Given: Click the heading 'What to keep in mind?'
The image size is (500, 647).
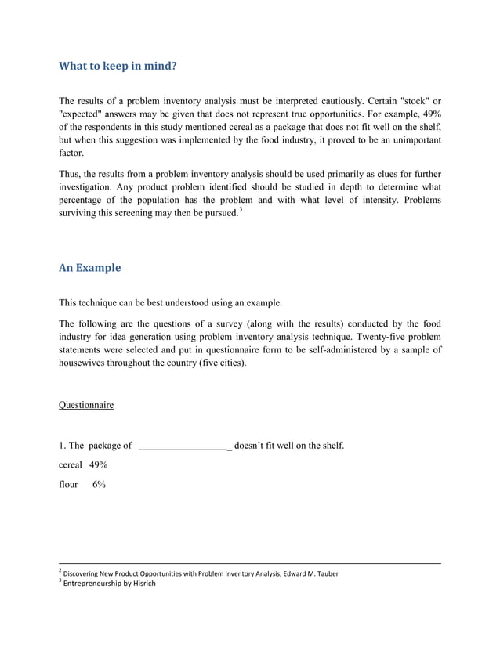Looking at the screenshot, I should point(118,67).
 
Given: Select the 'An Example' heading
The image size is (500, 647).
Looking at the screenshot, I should point(90,268).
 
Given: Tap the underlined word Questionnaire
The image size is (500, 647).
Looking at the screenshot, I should point(86,405).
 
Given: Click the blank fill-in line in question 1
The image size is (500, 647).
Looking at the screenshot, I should point(184,446).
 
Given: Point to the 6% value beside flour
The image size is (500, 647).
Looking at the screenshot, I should point(99,485).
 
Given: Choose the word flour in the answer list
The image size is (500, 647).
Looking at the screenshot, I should point(69,485).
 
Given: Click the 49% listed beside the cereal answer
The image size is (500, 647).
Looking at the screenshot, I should point(98,465).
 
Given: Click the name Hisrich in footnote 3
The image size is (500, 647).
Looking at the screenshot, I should point(141,584).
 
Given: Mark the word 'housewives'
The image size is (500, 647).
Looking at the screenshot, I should point(84,363).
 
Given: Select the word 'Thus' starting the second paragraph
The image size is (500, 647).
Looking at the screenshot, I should point(70,173).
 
